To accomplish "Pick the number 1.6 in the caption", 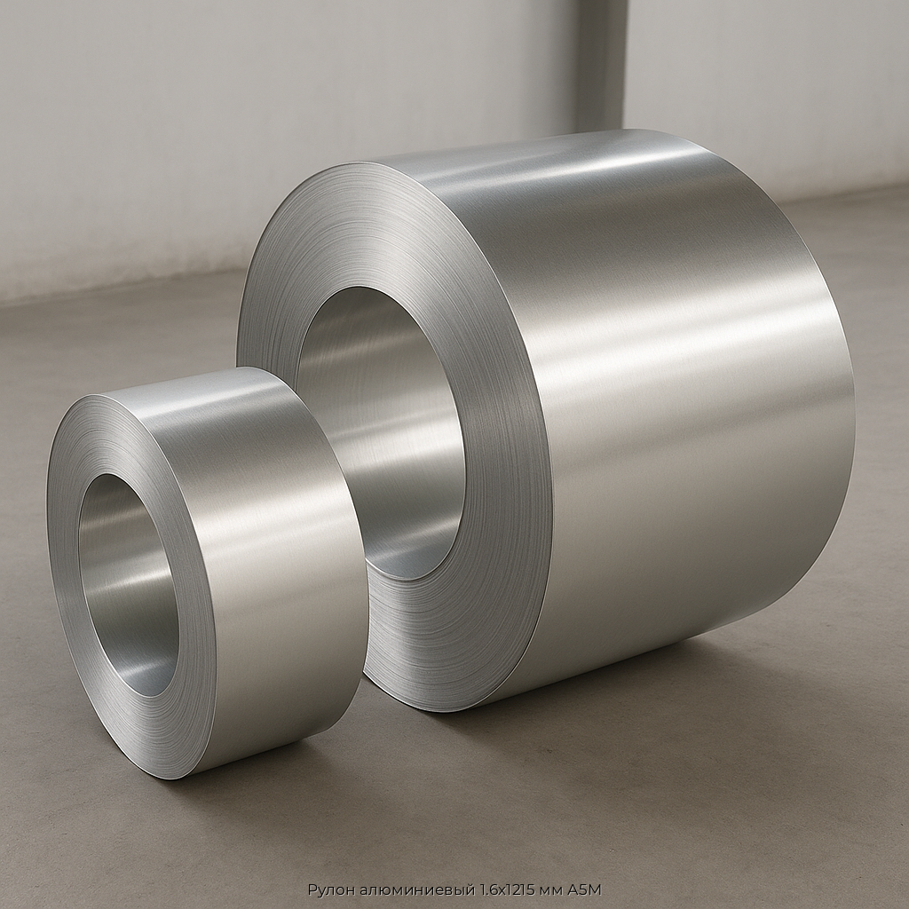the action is pos(490,889).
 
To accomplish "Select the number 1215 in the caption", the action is pos(518,889).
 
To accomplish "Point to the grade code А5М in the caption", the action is pos(585,889).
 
